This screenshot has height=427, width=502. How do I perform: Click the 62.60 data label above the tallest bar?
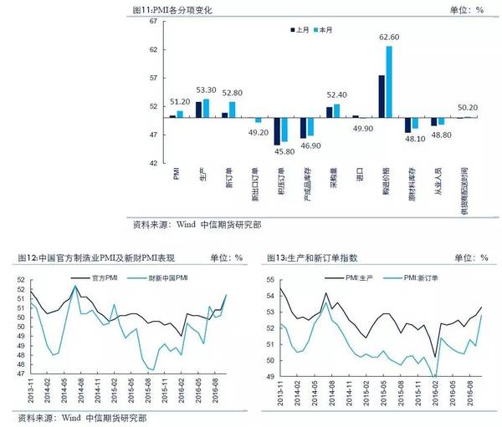coord(388,37)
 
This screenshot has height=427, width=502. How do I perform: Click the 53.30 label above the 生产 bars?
coord(206,89)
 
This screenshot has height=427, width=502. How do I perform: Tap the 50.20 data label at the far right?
coord(467,107)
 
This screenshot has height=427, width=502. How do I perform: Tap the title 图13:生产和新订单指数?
coord(320,258)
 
